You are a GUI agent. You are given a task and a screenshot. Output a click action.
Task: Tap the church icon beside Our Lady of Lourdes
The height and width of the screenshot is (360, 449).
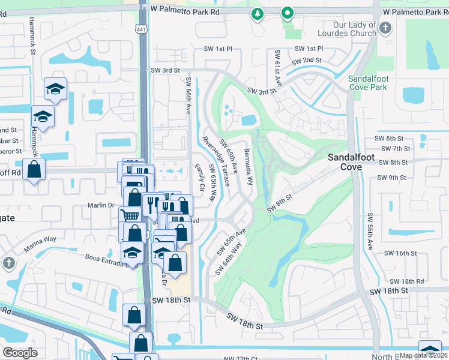point(385,28)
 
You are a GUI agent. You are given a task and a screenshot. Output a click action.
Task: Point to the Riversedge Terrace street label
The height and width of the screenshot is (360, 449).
point(216,161)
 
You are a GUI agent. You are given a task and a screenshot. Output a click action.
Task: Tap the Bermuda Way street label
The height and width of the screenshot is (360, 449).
point(249,166)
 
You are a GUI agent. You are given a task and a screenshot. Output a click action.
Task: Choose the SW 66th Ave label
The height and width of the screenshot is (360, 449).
point(188,96)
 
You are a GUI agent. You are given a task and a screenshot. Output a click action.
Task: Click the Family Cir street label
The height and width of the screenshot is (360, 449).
point(199,178)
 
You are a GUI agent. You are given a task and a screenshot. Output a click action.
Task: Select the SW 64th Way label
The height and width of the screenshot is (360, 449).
point(229,259)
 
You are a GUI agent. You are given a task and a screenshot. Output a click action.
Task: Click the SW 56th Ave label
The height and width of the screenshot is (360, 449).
point(370,231)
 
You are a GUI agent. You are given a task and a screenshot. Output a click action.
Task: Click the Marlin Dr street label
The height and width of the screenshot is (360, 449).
point(101,205)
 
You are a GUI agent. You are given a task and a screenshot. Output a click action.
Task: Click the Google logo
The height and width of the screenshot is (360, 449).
point(20,353)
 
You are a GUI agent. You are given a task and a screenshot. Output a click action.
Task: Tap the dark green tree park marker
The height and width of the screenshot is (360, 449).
point(258,13)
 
